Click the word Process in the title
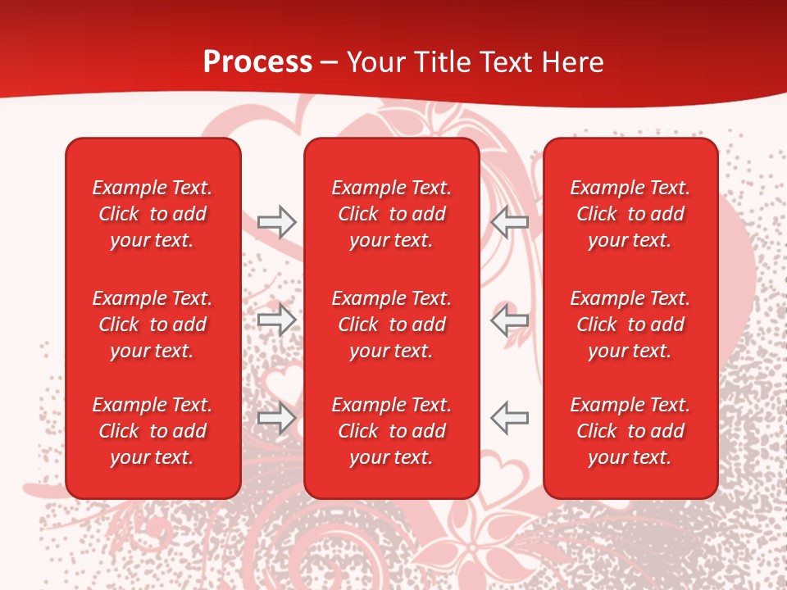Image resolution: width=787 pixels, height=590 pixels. [257, 62]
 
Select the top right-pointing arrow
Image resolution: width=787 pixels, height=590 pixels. [276, 221]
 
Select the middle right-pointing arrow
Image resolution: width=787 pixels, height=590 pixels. [276, 320]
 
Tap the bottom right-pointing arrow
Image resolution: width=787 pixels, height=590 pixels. [276, 418]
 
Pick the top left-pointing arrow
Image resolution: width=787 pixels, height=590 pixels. [510, 221]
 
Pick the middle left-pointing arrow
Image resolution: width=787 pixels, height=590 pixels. [510, 320]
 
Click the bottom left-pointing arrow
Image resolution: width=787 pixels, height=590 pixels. [510, 418]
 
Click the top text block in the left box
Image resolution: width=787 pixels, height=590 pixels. [152, 214]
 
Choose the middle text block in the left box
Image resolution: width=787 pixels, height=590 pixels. [152, 324]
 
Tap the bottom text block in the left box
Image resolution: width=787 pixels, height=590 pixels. [152, 431]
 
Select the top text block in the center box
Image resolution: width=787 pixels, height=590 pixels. [392, 214]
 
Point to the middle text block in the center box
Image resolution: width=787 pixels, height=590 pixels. [392, 324]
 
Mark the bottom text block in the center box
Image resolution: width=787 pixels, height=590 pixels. [392, 431]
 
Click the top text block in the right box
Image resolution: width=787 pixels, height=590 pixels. [630, 214]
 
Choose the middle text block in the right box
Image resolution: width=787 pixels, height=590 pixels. [630, 324]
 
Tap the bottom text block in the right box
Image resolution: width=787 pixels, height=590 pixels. [630, 431]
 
